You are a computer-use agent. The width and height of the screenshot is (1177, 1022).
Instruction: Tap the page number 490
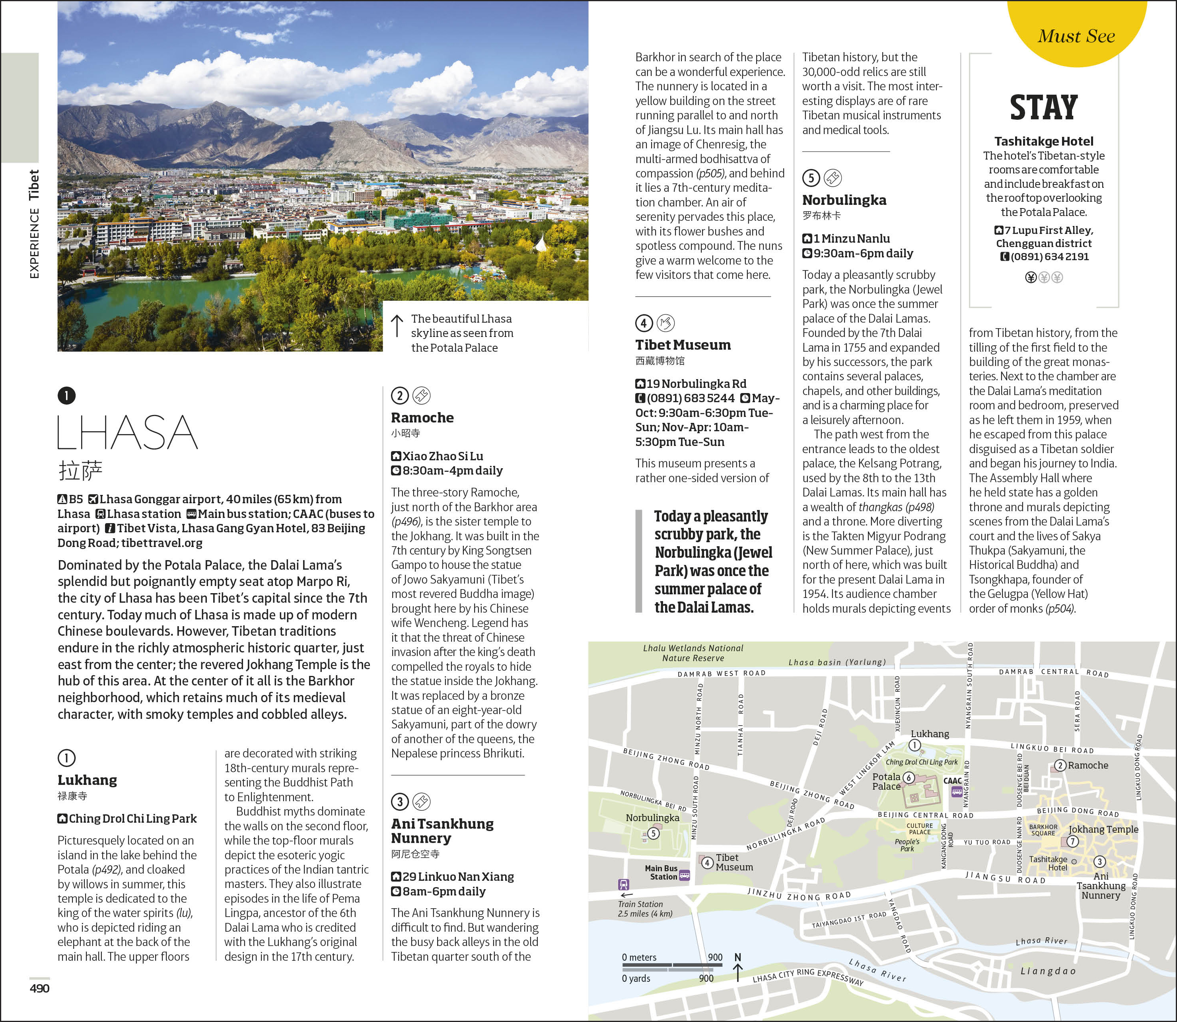coord(39,988)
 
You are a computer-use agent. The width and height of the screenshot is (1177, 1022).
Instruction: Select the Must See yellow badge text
coord(1076,36)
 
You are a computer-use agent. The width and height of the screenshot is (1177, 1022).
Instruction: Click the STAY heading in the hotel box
coord(1044,108)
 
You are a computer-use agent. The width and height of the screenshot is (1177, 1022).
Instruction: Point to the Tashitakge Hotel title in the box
coord(1044,141)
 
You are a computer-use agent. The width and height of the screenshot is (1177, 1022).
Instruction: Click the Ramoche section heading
coord(422,417)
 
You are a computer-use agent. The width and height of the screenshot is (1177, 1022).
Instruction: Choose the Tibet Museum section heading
coord(683,345)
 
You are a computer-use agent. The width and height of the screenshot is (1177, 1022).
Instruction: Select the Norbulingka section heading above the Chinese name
coord(844,200)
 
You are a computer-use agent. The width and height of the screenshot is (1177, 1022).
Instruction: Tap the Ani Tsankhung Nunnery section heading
coord(442,830)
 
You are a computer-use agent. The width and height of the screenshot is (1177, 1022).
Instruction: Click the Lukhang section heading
coord(87,780)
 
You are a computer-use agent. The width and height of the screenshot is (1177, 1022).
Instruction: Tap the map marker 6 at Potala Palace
coord(909,778)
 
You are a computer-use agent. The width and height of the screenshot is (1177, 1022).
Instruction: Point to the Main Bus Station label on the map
coord(661,872)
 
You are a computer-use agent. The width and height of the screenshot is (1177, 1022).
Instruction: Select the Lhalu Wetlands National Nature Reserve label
coord(693,653)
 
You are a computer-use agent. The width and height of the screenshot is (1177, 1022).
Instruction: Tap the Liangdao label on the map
coord(1048,971)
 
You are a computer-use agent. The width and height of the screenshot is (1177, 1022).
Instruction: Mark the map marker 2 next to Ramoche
coord(1060,765)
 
